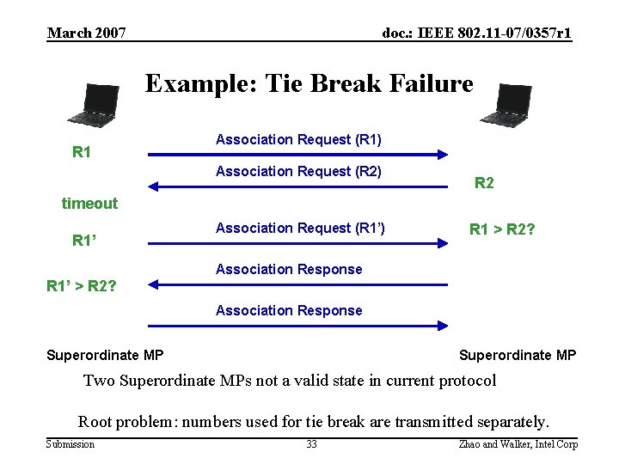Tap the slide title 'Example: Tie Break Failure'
pyautogui.click(x=309, y=83)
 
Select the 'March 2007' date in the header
pyautogui.click(x=87, y=34)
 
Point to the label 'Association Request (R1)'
pyautogui.click(x=298, y=139)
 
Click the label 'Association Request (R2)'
pyautogui.click(x=298, y=172)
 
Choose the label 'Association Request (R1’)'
pyautogui.click(x=300, y=228)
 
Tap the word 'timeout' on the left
pyautogui.click(x=89, y=204)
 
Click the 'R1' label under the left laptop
pyautogui.click(x=82, y=153)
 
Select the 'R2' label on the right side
pyautogui.click(x=484, y=183)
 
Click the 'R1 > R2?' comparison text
pyautogui.click(x=502, y=229)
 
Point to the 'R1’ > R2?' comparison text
pyautogui.click(x=82, y=284)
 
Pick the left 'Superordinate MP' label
pyautogui.click(x=105, y=355)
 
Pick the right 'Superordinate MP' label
pyautogui.click(x=518, y=355)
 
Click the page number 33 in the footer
pyautogui.click(x=311, y=444)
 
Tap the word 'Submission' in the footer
pyautogui.click(x=70, y=444)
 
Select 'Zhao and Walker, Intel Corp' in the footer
pyautogui.click(x=518, y=444)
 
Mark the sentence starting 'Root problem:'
pyautogui.click(x=313, y=421)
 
